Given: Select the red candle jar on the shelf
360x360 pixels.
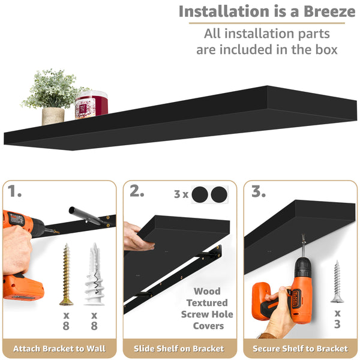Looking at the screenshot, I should click(91, 105).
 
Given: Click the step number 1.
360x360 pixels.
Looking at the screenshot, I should click(16, 192).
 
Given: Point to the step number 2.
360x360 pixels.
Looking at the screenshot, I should click(137, 192).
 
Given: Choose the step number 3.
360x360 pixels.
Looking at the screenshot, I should click(259, 192).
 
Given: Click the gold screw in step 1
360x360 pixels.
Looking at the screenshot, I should click(65, 273).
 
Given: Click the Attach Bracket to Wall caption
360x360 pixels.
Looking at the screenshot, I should click(59, 348).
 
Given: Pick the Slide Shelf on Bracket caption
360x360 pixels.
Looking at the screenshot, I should click(180, 348).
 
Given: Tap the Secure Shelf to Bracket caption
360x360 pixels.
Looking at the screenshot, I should click(300, 348).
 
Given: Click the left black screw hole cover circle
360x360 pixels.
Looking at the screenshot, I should click(200, 195).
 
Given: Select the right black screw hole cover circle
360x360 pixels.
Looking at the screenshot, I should click(219, 195).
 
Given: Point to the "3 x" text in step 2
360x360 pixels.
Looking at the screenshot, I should click(181, 195).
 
